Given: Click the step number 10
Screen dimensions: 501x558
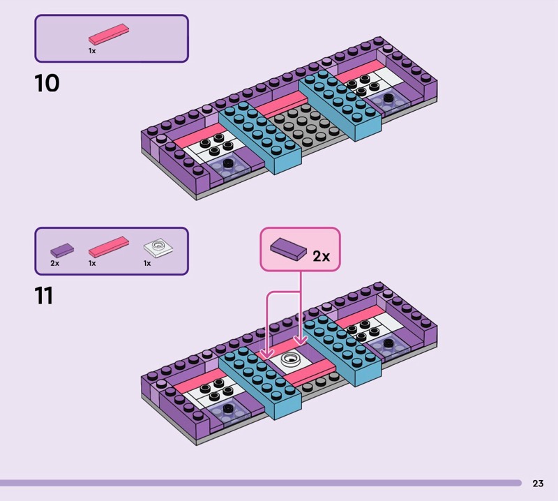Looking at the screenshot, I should click(47, 84).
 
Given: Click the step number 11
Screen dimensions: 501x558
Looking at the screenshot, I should click(44, 296).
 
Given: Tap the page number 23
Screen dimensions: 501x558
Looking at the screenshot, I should click(538, 483).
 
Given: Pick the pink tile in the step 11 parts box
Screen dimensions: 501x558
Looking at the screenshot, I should click(108, 246).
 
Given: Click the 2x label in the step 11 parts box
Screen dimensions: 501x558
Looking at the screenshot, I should click(54, 264).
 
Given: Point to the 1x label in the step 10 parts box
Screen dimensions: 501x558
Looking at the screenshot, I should click(92, 51).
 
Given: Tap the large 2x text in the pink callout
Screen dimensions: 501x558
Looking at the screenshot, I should click(321, 256).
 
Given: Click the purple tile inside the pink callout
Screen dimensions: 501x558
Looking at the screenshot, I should click(287, 248).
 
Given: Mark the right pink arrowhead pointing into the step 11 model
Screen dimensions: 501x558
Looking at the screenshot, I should click(300, 341).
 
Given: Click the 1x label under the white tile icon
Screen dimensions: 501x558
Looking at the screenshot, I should click(147, 264).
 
